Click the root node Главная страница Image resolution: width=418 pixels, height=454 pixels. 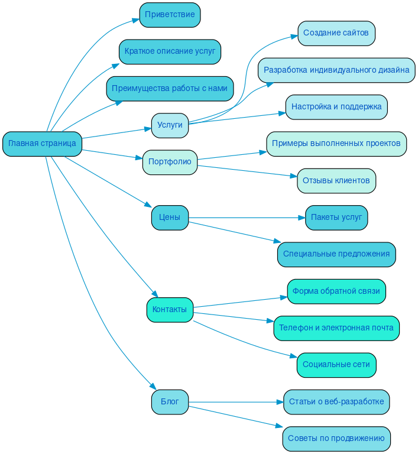pos(42,144)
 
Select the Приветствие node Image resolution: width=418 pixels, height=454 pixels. pos(170,15)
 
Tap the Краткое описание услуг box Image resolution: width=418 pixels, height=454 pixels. pos(170,51)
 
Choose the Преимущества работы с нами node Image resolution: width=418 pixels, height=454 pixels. pos(170,88)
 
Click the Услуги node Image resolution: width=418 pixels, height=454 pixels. pos(170,125)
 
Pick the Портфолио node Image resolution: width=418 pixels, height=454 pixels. pos(170,162)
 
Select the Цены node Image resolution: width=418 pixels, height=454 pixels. pos(170,218)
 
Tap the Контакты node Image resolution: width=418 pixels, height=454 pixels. pos(170,310)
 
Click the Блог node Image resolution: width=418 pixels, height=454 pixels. pos(170,402)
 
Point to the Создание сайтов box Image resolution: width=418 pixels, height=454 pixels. pos(336,33)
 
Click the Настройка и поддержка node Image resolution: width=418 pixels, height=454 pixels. pos(336,107)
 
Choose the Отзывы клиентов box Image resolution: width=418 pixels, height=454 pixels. pos(336,180)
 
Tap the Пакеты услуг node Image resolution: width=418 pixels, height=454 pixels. pos(336,218)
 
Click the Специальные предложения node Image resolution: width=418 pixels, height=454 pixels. pos(336,254)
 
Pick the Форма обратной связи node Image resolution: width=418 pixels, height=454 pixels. pos(336,291)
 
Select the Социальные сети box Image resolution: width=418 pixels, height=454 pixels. pos(336,365)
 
